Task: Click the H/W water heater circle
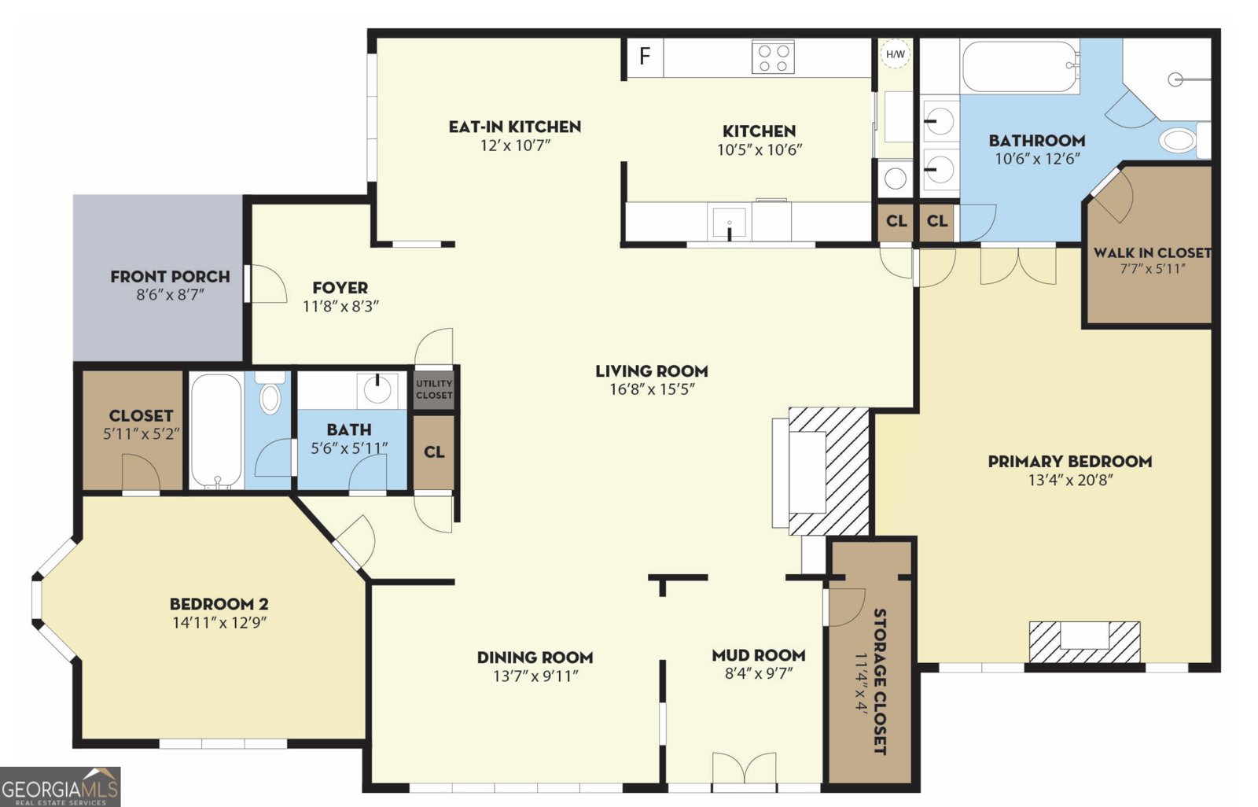pyautogui.click(x=895, y=54)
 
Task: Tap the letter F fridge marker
pyautogui.click(x=645, y=56)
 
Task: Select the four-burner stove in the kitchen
pyautogui.click(x=772, y=57)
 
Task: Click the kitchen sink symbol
pyautogui.click(x=729, y=223)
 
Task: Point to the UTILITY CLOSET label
pyautogui.click(x=434, y=389)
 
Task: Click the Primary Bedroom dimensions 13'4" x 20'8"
pyautogui.click(x=1069, y=480)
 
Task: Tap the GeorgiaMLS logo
pyautogui.click(x=60, y=787)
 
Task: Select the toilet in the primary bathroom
pyautogui.click(x=1179, y=140)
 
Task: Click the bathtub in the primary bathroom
pyautogui.click(x=1019, y=66)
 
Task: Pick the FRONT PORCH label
pyautogui.click(x=170, y=277)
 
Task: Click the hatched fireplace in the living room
pyautogui.click(x=830, y=470)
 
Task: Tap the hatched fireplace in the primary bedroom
pyautogui.click(x=1084, y=641)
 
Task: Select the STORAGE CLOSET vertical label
pyautogui.click(x=880, y=680)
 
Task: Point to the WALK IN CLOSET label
pyautogui.click(x=1151, y=252)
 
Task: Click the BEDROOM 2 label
pyautogui.click(x=219, y=604)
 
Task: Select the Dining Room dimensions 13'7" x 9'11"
pyautogui.click(x=535, y=676)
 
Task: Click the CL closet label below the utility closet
pyautogui.click(x=434, y=452)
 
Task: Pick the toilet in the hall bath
pyautogui.click(x=270, y=395)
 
